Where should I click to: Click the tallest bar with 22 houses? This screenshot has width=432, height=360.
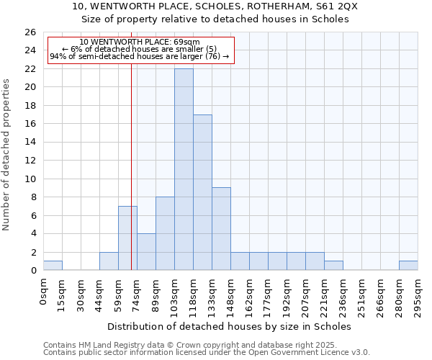184,169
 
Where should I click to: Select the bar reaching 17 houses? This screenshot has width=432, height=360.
202,192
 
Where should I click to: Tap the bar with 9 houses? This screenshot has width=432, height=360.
221,229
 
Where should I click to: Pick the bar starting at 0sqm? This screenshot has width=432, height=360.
53,266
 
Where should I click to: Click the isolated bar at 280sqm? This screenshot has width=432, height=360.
408,266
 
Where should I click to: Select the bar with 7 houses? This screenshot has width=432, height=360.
127,238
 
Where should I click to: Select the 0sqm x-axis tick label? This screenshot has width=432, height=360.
44,292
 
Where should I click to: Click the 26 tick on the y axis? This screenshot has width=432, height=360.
30,32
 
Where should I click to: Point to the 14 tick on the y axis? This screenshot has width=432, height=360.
30,142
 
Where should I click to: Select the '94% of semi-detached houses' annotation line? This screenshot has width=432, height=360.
139,56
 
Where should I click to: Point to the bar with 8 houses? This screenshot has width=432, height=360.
165,233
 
